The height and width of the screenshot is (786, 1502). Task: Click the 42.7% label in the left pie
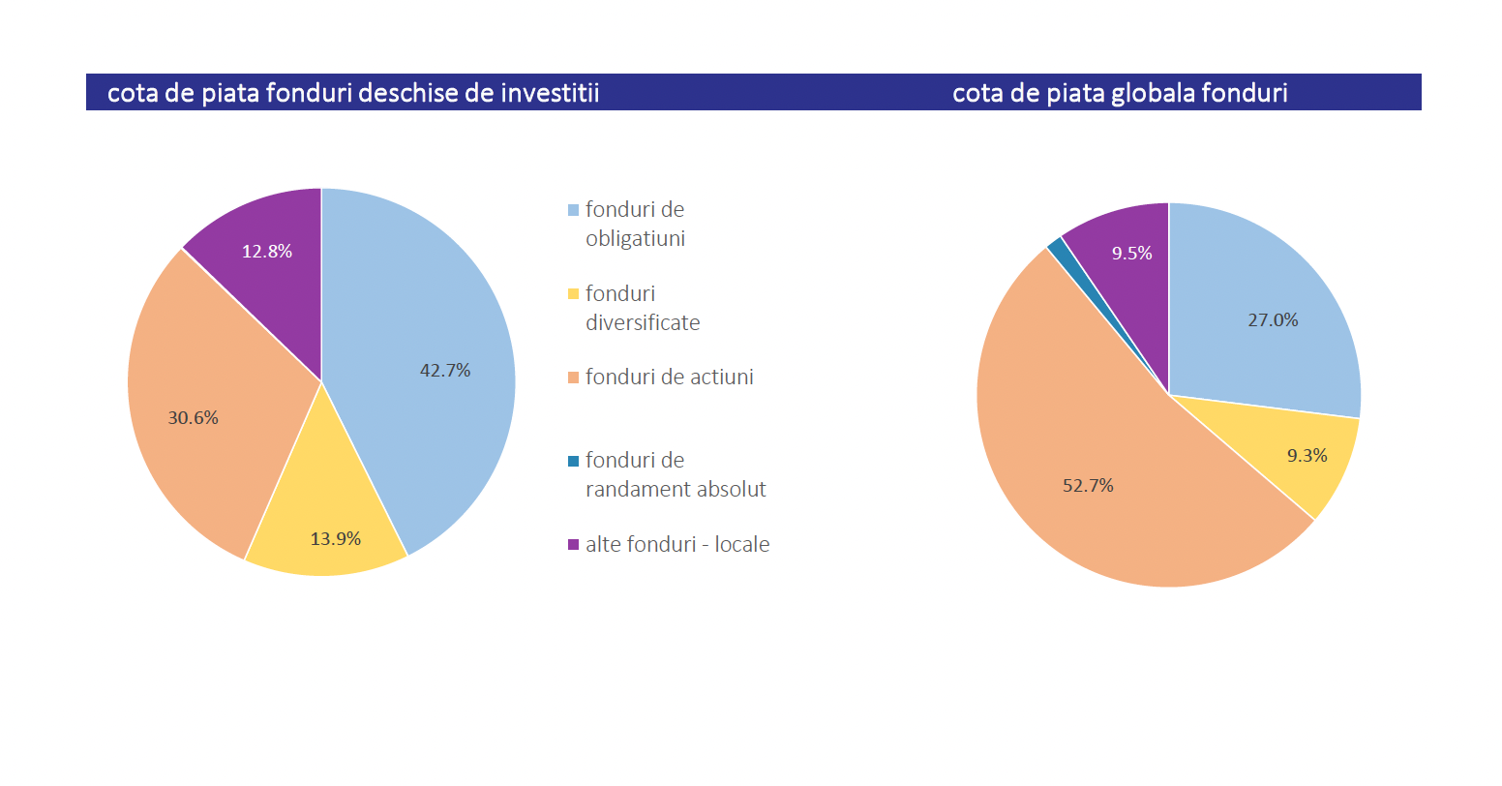pyautogui.click(x=445, y=371)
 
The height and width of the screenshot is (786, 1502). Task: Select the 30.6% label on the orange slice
pyautogui.click(x=194, y=418)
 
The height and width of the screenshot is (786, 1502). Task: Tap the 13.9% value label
pyautogui.click(x=336, y=539)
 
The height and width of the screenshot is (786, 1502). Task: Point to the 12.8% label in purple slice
pyautogui.click(x=267, y=252)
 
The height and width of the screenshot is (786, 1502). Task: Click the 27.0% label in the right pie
pyautogui.click(x=1273, y=320)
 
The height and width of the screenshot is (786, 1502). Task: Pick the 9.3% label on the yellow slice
pyautogui.click(x=1307, y=456)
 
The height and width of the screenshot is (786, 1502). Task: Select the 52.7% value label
pyautogui.click(x=1088, y=486)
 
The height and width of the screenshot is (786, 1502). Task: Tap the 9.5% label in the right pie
pyautogui.click(x=1131, y=254)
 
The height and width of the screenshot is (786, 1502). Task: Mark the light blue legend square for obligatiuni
pyautogui.click(x=573, y=210)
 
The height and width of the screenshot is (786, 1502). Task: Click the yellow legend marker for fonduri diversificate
pyautogui.click(x=573, y=294)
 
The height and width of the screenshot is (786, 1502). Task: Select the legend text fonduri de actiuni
pyautogui.click(x=669, y=378)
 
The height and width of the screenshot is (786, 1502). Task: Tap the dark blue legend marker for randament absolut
pyautogui.click(x=573, y=461)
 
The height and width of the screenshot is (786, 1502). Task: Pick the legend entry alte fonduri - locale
pyautogui.click(x=676, y=545)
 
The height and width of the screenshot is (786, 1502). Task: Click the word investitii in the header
pyautogui.click(x=551, y=93)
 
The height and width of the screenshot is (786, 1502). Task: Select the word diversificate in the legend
pyautogui.click(x=643, y=323)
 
